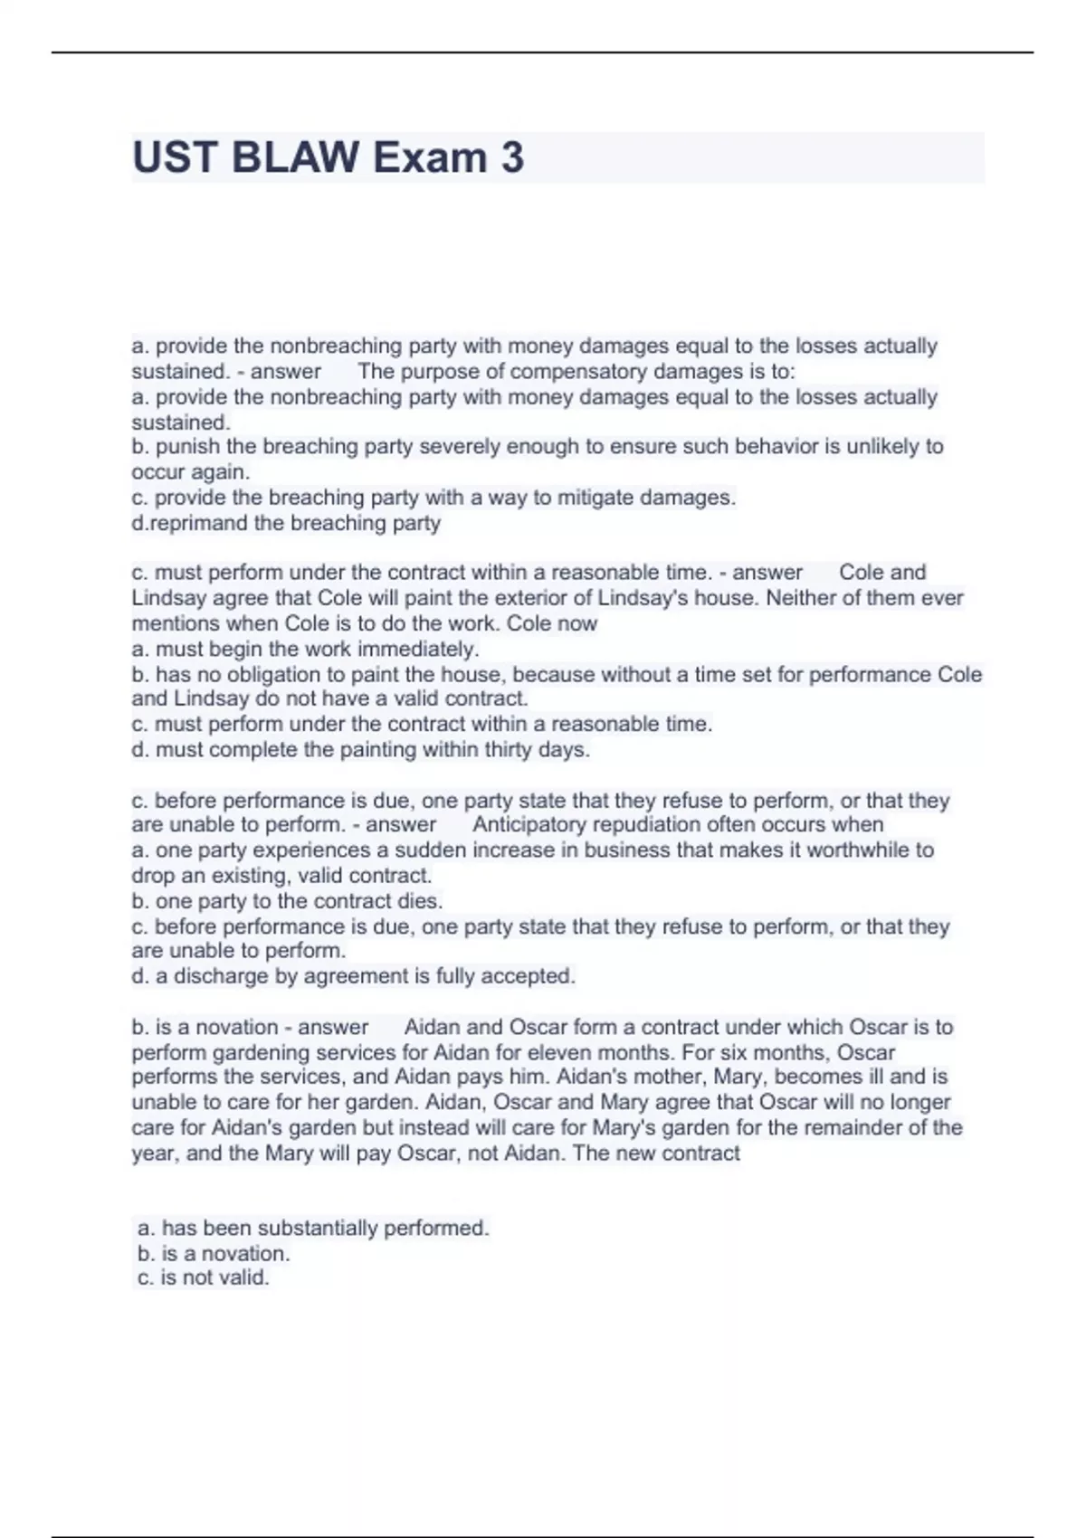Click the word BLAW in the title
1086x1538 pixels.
pyautogui.click(x=295, y=157)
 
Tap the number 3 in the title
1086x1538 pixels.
pyautogui.click(x=512, y=157)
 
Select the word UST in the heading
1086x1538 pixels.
pyautogui.click(x=175, y=157)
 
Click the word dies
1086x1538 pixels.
pyautogui.click(x=421, y=901)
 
